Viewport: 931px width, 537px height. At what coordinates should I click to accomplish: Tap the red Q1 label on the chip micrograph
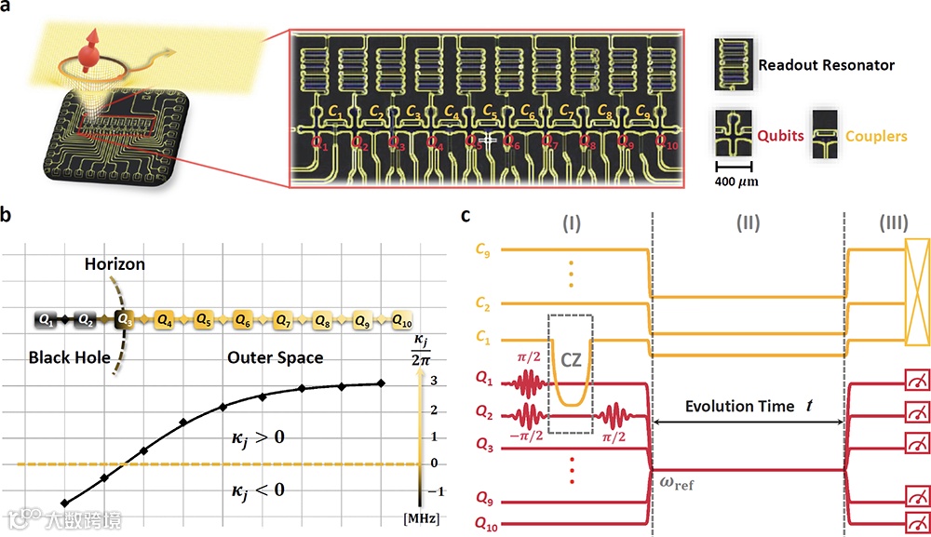318,144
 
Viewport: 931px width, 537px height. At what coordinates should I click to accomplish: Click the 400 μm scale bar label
736,181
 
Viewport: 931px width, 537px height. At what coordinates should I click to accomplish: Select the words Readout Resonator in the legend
826,65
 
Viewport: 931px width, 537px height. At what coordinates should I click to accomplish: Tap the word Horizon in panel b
115,264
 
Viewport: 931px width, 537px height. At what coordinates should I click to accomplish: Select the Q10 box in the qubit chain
402,319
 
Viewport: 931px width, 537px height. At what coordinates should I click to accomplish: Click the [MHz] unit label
417,515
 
